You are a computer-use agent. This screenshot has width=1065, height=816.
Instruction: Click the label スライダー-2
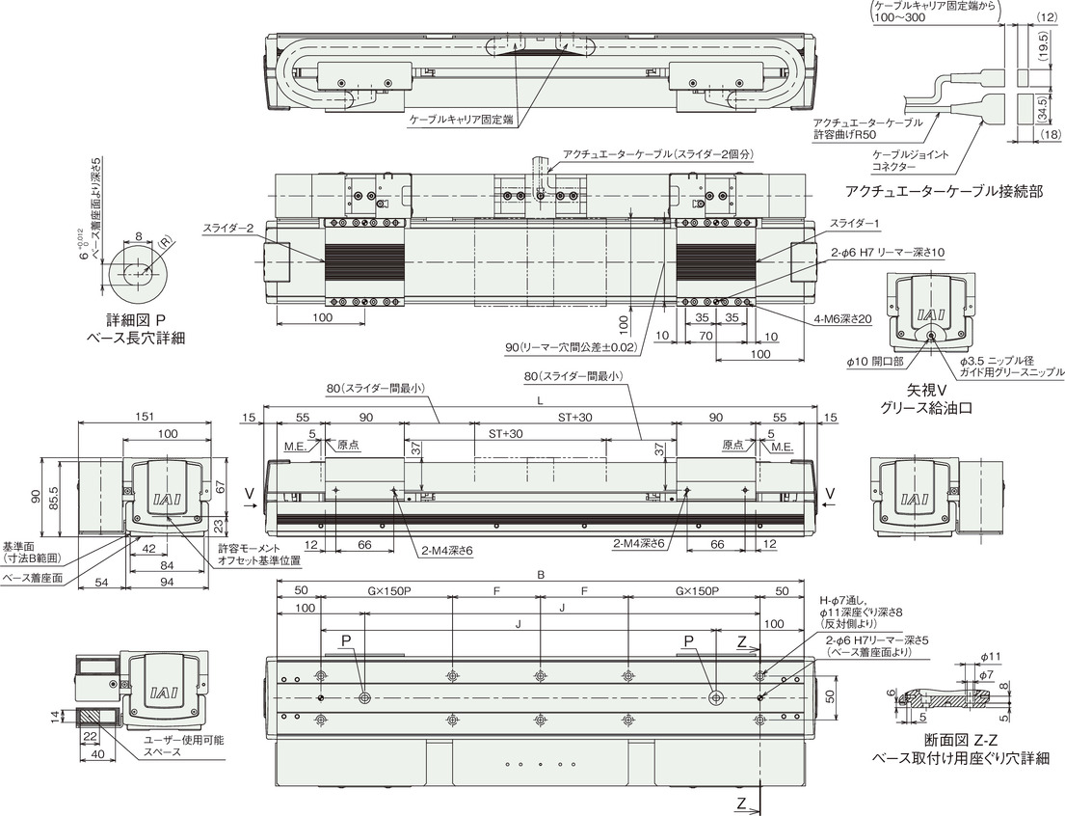[227, 229]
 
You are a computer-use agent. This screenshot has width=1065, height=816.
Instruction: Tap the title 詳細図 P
[137, 319]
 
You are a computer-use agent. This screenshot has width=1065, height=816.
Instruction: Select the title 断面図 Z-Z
[960, 741]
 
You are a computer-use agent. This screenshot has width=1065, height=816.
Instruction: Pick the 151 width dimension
[145, 416]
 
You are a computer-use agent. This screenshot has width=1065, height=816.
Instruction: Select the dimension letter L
[540, 401]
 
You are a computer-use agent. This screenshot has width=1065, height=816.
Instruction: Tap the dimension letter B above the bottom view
[541, 575]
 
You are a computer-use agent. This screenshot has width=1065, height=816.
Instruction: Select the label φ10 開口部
[875, 362]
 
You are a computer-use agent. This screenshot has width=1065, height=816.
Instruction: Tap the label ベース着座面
[34, 578]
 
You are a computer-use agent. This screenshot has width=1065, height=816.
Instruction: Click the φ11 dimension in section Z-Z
[991, 656]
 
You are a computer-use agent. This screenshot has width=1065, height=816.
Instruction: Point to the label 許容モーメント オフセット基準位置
[258, 555]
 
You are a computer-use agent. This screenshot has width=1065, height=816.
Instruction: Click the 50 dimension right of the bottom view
[829, 697]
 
